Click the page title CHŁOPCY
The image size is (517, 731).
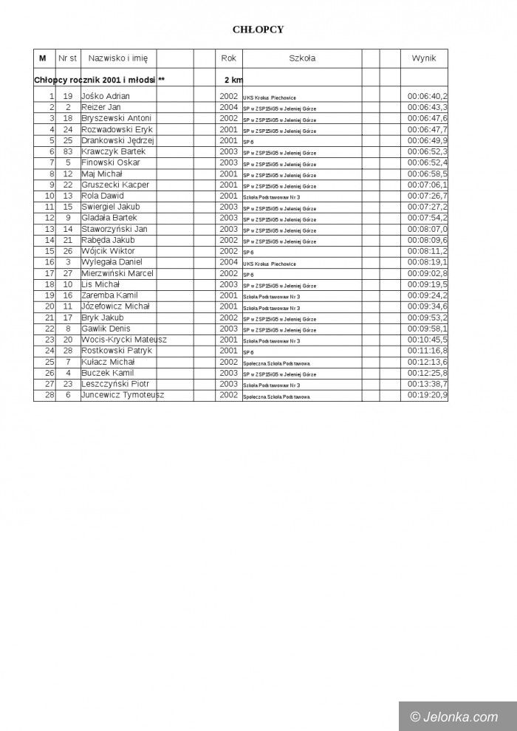(x=258, y=30)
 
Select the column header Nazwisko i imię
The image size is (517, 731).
(x=117, y=58)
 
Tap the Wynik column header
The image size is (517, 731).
(x=424, y=58)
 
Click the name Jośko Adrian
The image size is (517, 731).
(x=106, y=96)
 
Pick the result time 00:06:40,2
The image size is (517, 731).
(x=428, y=96)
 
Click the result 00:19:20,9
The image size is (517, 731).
(x=428, y=395)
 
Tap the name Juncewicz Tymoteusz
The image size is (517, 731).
(x=123, y=395)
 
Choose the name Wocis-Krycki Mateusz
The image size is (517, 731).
(x=124, y=340)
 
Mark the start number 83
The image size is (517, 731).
(x=67, y=151)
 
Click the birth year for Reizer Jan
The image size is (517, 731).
(x=228, y=107)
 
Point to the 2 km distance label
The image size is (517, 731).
(x=233, y=79)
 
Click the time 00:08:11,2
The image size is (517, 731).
(x=428, y=251)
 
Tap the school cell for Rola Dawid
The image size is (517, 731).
(x=272, y=197)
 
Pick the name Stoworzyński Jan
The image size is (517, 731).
(x=114, y=229)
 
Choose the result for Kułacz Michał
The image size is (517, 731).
(x=428, y=362)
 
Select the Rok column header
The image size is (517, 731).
(x=228, y=58)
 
